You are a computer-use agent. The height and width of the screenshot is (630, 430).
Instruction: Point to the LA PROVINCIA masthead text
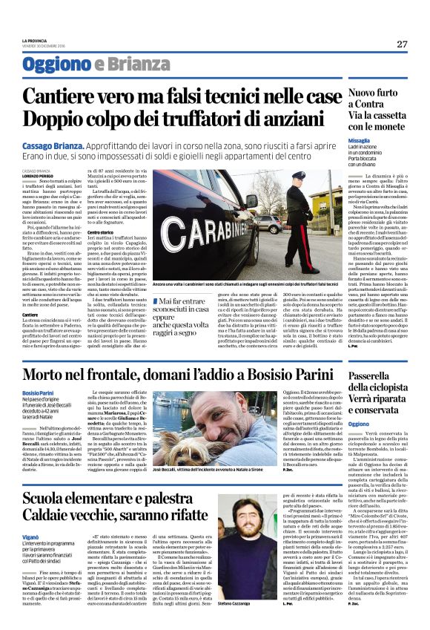34,40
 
